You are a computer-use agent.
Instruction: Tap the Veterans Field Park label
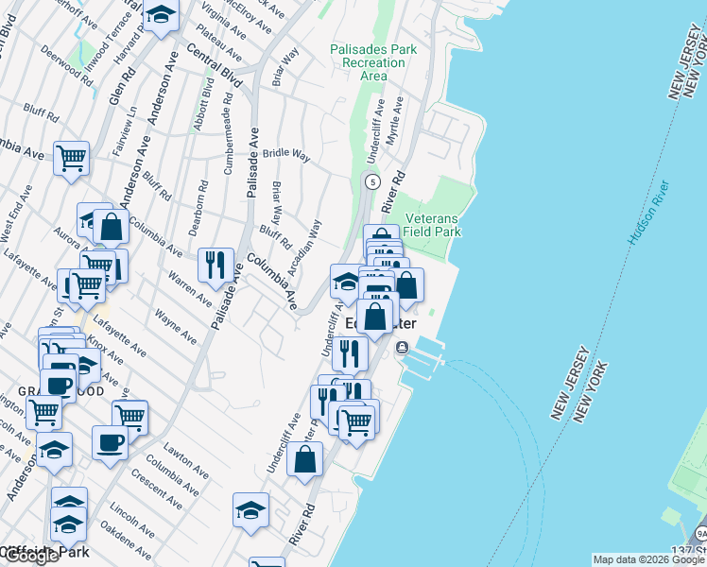[432, 224]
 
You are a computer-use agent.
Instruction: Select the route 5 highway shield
[373, 181]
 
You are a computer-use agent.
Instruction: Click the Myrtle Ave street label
[398, 118]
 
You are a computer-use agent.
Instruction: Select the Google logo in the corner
[30, 556]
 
